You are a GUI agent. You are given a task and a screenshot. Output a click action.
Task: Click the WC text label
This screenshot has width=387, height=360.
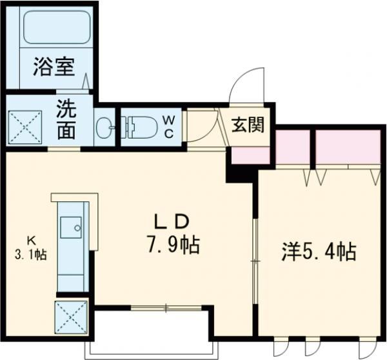click(168, 125)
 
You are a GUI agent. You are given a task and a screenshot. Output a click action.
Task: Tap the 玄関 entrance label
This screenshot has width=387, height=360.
click(248, 125)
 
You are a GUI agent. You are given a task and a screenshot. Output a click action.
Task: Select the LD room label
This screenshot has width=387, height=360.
click(171, 221)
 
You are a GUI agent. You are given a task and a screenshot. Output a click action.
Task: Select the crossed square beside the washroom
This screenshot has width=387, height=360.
click(25, 126)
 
